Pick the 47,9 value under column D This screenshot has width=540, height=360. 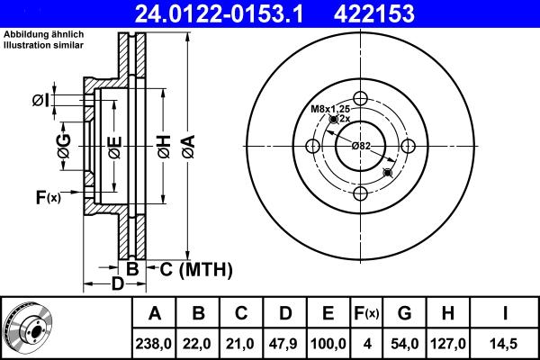click(x=285, y=342)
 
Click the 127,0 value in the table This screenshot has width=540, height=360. click(x=451, y=342)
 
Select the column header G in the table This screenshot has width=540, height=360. click(x=404, y=314)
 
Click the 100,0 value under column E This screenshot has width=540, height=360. click(x=328, y=342)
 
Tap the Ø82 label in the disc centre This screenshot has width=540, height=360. click(x=361, y=146)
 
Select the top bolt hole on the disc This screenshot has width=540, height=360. click(x=361, y=99)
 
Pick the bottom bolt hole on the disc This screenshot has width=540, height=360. click(x=361, y=194)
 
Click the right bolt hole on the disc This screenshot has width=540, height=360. click(x=409, y=147)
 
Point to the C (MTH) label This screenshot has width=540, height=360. click(x=196, y=268)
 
